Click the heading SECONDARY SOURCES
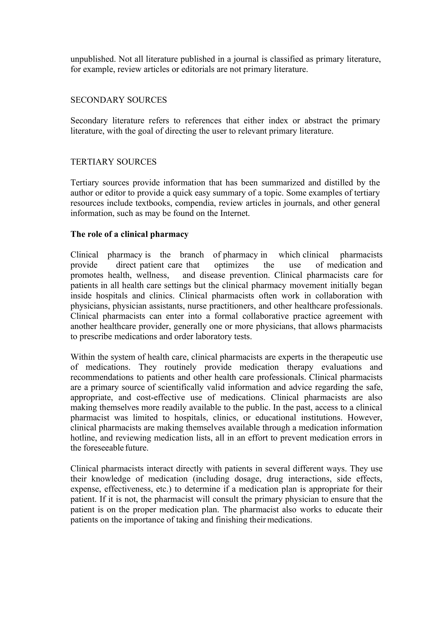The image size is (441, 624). (x=118, y=100)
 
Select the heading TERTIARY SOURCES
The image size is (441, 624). (x=113, y=162)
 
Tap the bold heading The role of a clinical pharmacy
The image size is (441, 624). (x=129, y=234)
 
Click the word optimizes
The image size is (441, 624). (x=231, y=265)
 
